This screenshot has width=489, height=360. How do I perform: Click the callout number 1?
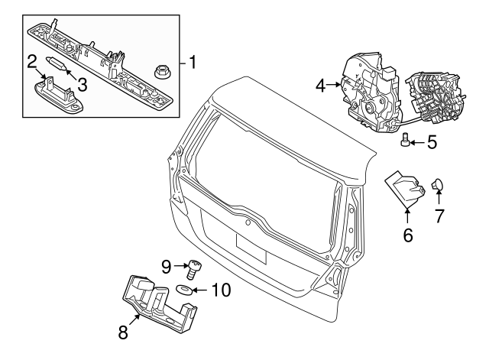[193, 61]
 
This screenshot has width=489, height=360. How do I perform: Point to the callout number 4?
[322, 86]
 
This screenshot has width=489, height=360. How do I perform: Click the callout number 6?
[407, 235]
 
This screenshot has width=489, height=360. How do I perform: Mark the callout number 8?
[123, 332]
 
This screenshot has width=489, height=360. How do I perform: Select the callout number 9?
[166, 267]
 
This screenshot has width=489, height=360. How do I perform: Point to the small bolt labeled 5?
[406, 140]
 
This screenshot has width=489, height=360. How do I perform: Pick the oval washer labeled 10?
[184, 290]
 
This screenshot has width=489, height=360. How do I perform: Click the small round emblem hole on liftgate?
[248, 223]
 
